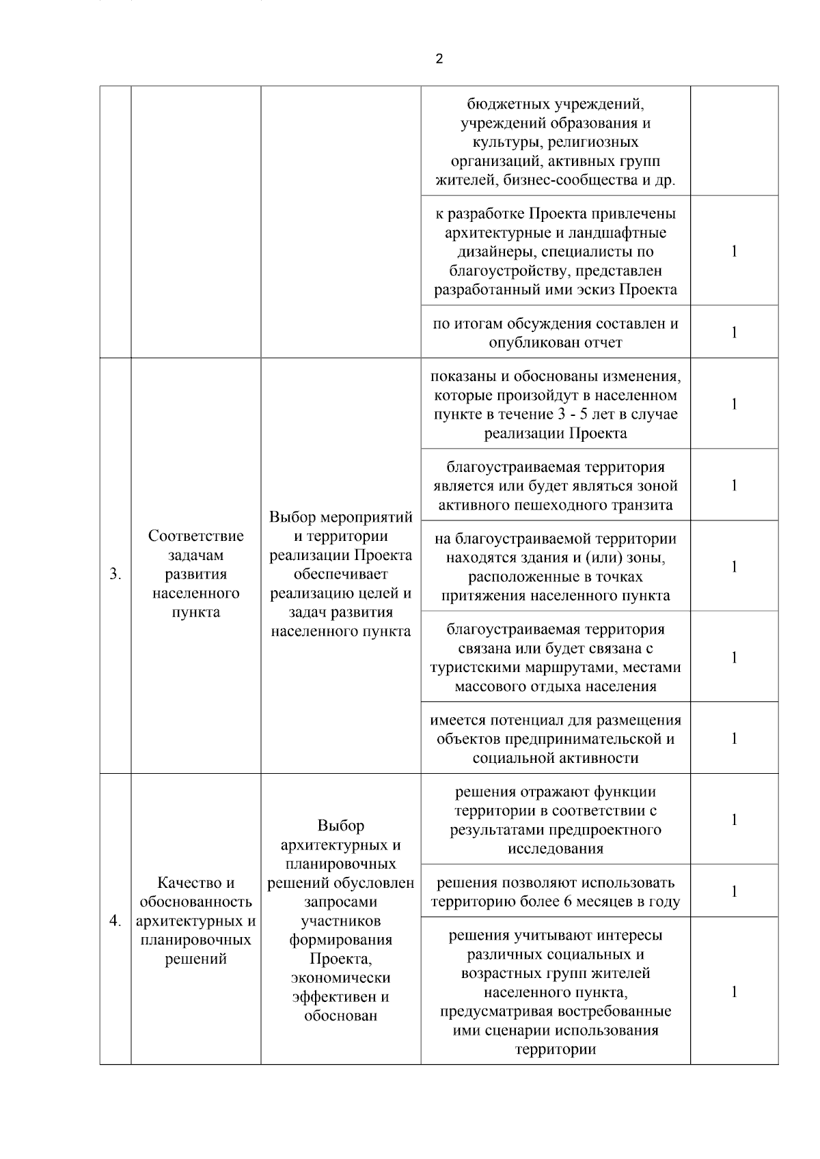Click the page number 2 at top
coord(439,59)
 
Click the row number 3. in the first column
coord(115,574)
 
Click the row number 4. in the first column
coord(115,921)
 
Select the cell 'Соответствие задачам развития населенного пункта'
coord(195,574)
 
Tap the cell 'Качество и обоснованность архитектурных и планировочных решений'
coord(195,921)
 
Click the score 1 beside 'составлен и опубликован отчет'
coord(734,333)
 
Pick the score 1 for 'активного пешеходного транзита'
coord(734,486)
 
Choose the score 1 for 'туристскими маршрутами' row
coord(734,658)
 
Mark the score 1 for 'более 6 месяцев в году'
coord(734,891)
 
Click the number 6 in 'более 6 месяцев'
coord(568,902)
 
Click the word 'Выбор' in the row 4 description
coord(340,826)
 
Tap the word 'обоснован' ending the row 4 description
coord(340,1016)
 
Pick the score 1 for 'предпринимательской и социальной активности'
coord(734,738)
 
